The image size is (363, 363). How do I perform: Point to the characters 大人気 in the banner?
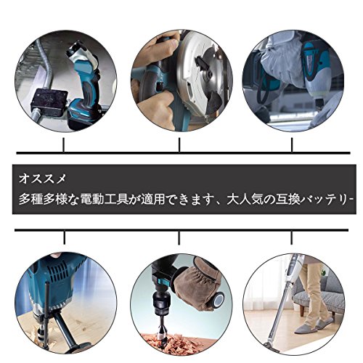tap(244, 200)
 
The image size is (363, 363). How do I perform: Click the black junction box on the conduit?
tap(49, 103)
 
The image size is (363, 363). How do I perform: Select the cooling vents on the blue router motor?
tap(57, 270)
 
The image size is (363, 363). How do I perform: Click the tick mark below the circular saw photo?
tap(179, 144)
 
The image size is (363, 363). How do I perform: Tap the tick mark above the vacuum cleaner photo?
tap(292, 237)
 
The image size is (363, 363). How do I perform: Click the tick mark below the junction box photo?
tap(64, 144)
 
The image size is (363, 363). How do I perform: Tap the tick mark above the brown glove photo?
tap(179, 237)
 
